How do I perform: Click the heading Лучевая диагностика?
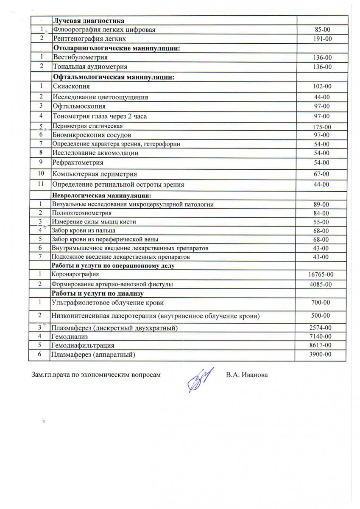coord(88,20)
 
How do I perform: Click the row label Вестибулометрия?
coord(80,57)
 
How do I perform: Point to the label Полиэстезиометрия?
coord(81,213)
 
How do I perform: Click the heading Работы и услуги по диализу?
coord(98,293)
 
